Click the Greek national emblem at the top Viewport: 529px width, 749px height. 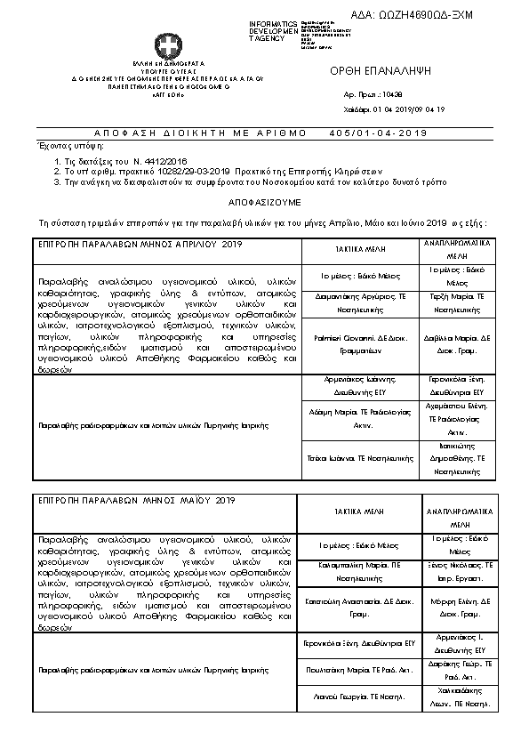click(x=166, y=46)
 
